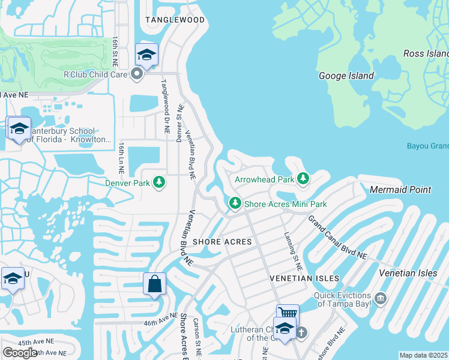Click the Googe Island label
[346, 76]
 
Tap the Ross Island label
[426, 53]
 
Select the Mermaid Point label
[400, 190]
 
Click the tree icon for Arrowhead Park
[303, 178]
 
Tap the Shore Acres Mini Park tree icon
[235, 203]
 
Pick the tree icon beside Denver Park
[158, 182]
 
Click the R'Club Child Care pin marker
[136, 74]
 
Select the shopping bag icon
[154, 283]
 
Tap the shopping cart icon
[287, 314]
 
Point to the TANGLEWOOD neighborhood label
[175, 20]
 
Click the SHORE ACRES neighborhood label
[221, 241]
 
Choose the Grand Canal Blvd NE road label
[337, 238]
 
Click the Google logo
[20, 352]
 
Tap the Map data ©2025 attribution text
[423, 355]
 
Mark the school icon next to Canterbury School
[19, 128]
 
